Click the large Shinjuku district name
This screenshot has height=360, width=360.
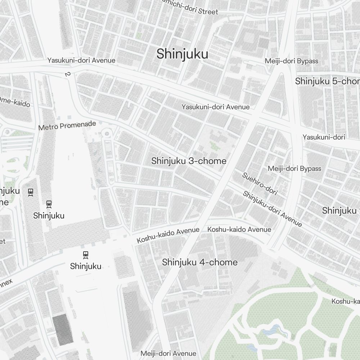click(x=182, y=54)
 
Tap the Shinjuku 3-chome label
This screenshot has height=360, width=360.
click(x=189, y=161)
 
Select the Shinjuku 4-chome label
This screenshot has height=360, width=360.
click(x=200, y=262)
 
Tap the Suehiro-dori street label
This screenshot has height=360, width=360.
click(x=260, y=184)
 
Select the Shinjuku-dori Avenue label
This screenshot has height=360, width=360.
click(x=272, y=209)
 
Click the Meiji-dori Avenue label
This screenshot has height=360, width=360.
click(x=168, y=354)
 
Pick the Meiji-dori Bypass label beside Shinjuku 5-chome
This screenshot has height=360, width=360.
click(x=292, y=61)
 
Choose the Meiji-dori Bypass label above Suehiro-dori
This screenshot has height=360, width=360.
click(x=294, y=169)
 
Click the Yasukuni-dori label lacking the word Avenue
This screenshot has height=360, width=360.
click(x=324, y=137)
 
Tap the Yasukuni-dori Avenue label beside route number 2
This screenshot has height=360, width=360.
click(x=81, y=60)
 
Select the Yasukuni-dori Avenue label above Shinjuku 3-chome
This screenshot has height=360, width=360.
click(x=215, y=107)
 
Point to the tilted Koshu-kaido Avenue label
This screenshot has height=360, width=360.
click(x=168, y=235)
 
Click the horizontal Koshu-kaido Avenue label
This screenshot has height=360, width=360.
click(x=239, y=229)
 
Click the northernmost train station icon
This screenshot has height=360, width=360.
click(x=31, y=192)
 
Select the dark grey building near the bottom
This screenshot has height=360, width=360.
click(x=63, y=328)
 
